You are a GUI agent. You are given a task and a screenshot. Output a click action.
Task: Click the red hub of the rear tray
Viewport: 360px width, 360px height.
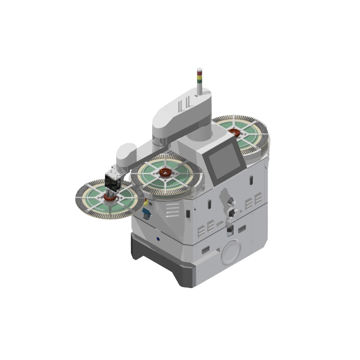pos(234,131)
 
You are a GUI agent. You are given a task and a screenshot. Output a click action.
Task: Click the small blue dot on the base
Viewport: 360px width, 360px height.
pos(157,237)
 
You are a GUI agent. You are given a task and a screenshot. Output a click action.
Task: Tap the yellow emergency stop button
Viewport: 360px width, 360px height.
pos(145,204)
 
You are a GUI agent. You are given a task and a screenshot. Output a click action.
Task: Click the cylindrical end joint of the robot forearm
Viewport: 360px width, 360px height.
pos(125,153)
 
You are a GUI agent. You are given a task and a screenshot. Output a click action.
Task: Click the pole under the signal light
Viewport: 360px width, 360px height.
pos(200,89)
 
